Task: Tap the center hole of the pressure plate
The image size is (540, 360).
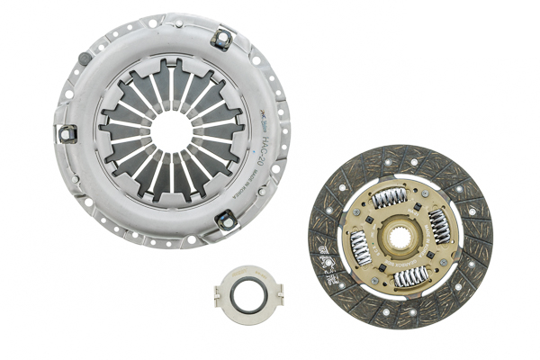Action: point(170,130)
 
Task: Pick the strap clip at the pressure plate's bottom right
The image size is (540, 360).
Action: point(225,220)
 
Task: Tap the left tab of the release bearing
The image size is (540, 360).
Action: point(219,294)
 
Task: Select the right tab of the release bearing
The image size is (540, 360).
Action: point(277,293)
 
